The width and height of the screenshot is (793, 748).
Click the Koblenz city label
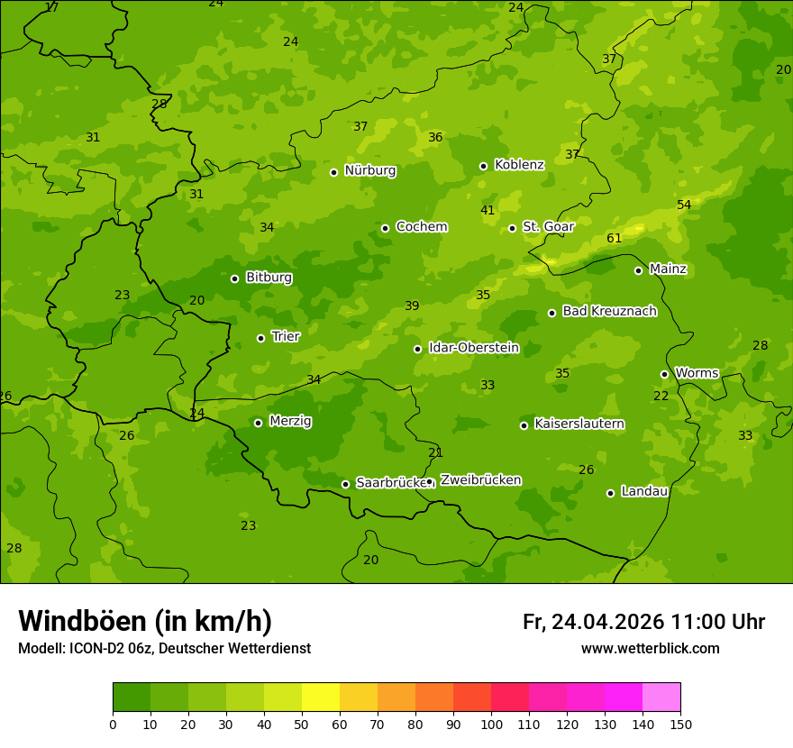pyautogui.click(x=519, y=165)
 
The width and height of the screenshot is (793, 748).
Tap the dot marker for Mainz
pyautogui.click(x=638, y=270)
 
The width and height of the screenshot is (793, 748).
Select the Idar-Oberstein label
pyautogui.click(x=473, y=348)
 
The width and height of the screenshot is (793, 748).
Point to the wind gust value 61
pyautogui.click(x=615, y=239)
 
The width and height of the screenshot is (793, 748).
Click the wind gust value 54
pyautogui.click(x=684, y=205)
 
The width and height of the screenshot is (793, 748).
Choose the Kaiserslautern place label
pyautogui.click(x=579, y=424)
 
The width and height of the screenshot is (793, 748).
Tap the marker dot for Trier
pyautogui.click(x=261, y=339)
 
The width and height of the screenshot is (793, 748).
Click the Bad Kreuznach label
pyautogui.click(x=609, y=311)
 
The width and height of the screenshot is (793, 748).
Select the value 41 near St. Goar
pyautogui.click(x=488, y=211)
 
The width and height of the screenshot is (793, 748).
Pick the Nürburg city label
pyautogui.click(x=369, y=170)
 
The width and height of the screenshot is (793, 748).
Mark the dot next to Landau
pyautogui.click(x=610, y=493)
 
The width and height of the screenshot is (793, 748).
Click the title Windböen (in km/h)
pyautogui.click(x=145, y=621)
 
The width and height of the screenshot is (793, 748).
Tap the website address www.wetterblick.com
pyautogui.click(x=650, y=649)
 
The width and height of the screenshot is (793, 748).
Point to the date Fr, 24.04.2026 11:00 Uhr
pyautogui.click(x=643, y=622)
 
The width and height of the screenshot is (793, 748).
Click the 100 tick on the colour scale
pyautogui.click(x=491, y=724)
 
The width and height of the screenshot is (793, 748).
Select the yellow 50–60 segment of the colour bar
pyautogui.click(x=321, y=698)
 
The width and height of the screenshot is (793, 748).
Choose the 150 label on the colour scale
pyautogui.click(x=680, y=724)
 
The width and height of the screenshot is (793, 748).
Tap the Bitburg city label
pyautogui.click(x=269, y=278)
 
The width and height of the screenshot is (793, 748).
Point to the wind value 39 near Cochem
pyautogui.click(x=412, y=306)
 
